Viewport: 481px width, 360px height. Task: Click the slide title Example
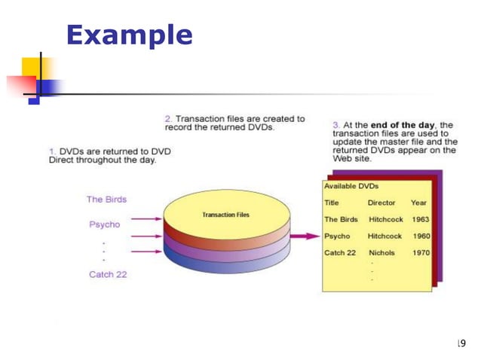point(129,35)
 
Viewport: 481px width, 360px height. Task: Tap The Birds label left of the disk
point(106,200)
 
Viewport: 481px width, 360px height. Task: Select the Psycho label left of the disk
point(105,224)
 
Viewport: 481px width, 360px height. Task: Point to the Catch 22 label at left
point(108,274)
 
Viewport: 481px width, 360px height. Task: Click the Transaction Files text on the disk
point(225,215)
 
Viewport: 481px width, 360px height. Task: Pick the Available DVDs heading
point(351,186)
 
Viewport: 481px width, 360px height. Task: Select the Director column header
point(381,203)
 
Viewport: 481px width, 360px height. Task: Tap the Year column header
point(418,203)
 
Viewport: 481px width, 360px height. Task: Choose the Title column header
point(332,203)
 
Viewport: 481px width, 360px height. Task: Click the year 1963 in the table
point(421,219)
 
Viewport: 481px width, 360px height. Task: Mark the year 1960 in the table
point(421,236)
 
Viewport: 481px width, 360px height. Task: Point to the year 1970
point(421,253)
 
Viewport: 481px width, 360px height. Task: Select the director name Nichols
point(382,253)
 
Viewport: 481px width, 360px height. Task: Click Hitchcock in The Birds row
point(385,219)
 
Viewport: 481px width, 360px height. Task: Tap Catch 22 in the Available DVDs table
point(340,253)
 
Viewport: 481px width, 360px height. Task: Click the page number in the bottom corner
point(461,343)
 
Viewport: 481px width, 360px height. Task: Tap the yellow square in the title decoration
point(35,69)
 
